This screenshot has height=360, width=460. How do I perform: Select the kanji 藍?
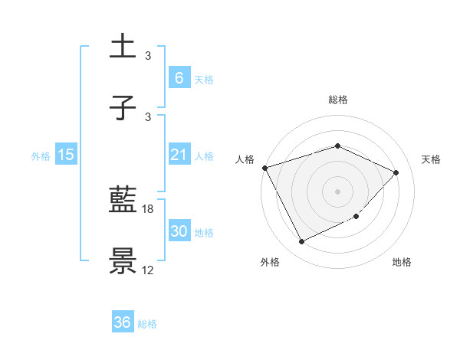[x=123, y=201]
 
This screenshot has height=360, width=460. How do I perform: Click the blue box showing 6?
[x=179, y=77]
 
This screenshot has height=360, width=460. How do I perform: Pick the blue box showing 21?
[x=179, y=155]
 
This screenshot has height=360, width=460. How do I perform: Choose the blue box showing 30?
[x=179, y=231]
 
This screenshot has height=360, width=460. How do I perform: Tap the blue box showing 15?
[x=66, y=155]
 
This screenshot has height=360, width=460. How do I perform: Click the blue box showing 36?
[x=123, y=322]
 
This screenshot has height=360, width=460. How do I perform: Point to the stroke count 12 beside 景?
[x=147, y=270]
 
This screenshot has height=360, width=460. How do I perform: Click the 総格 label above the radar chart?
[x=337, y=100]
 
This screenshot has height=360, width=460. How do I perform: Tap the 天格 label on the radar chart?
[x=432, y=159]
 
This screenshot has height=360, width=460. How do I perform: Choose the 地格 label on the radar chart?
[x=402, y=262]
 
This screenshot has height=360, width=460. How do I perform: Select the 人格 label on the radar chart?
[x=245, y=159]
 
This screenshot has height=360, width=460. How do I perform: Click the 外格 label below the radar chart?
[x=270, y=262]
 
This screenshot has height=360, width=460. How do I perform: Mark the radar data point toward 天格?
[x=396, y=172]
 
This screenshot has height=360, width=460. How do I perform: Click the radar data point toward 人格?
[x=264, y=168]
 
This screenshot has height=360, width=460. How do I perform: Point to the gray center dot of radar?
[x=337, y=191]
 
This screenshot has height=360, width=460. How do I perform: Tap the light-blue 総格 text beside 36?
[x=147, y=324]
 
